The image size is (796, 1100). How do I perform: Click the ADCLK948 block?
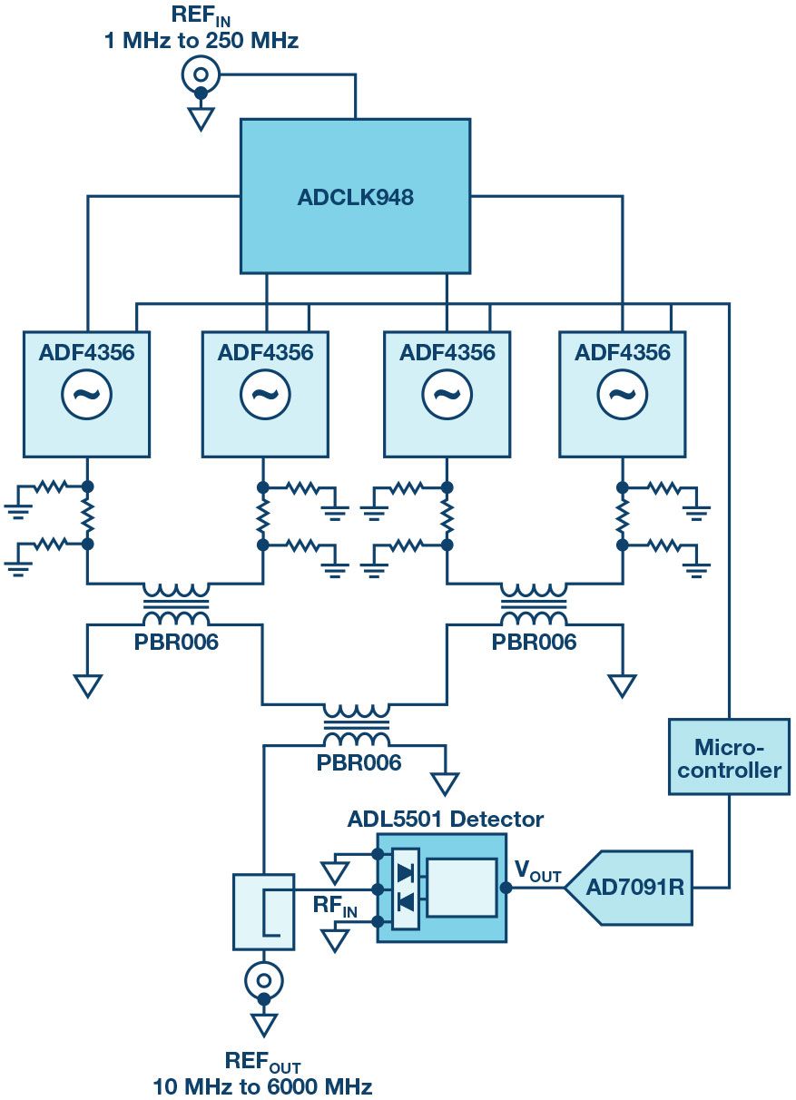point(355,196)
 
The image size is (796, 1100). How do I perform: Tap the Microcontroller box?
point(730,758)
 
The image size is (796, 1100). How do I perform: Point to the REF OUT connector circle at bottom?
point(264,979)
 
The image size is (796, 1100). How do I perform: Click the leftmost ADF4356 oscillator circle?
point(86,394)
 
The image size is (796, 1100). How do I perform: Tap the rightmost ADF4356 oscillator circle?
point(622,394)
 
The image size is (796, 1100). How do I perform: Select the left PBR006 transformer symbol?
point(175,604)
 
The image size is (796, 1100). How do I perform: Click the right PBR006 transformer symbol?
point(534,604)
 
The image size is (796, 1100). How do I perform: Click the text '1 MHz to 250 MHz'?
point(201,40)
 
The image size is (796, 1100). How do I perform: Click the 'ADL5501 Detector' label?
point(445,820)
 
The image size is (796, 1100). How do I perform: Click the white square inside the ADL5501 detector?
point(461,887)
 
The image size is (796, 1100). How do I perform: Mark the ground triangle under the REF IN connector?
point(201,119)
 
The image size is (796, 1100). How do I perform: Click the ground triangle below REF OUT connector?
point(264,1025)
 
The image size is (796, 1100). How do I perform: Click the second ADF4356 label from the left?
point(265,351)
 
